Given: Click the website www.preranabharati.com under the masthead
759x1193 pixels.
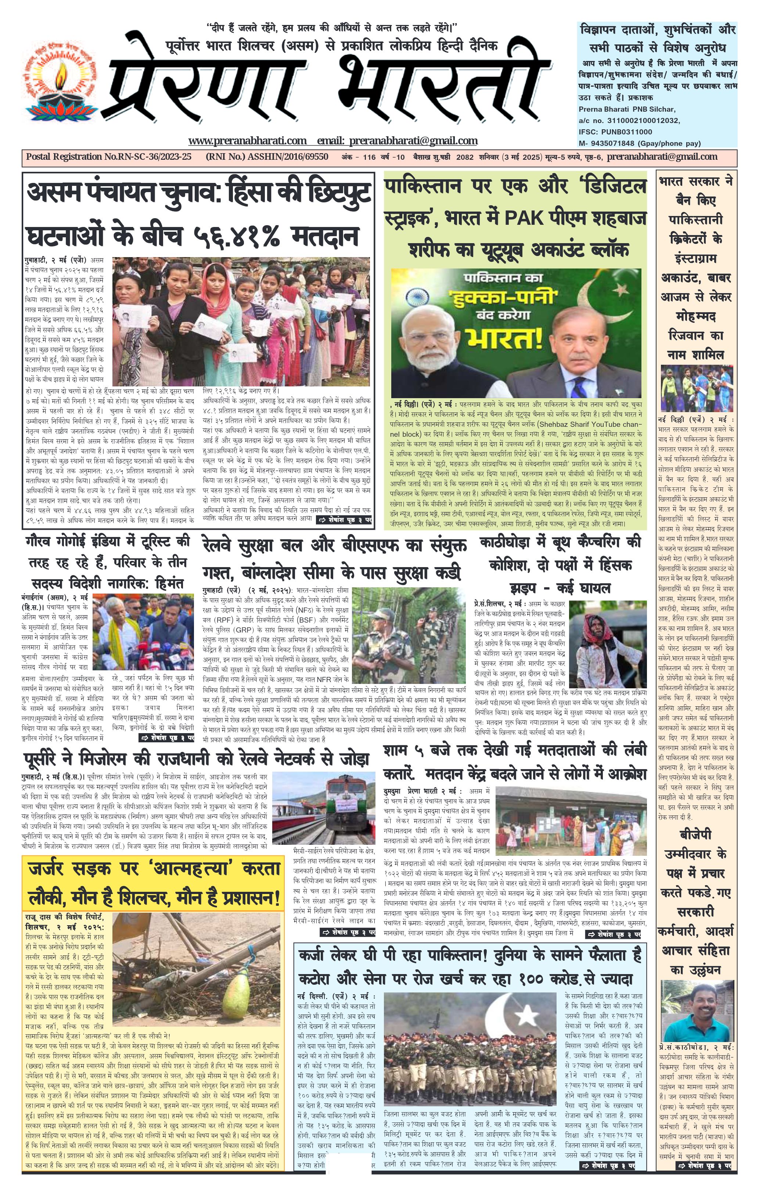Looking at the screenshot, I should click(247, 141).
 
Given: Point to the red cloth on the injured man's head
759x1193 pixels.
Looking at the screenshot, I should click(593, 623).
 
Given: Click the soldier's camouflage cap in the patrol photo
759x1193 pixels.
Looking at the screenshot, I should click(378, 618).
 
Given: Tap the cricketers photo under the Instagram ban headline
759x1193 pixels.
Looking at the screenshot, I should click(697, 388).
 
